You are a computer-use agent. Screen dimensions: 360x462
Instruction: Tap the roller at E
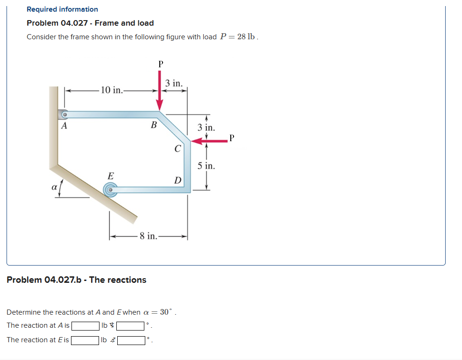[110, 189]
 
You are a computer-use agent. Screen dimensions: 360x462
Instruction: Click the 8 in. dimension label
[149, 236]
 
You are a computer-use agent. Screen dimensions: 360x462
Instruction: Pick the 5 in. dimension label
[206, 166]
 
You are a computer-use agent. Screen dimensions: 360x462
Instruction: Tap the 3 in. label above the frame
[174, 83]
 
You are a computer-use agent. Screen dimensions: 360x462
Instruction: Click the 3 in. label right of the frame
[206, 127]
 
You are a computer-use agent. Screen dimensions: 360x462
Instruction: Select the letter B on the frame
[153, 125]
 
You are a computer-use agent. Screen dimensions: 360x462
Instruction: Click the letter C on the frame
[178, 149]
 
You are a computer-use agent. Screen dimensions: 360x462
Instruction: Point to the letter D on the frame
[178, 180]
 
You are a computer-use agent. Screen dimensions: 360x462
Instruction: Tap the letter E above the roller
[110, 176]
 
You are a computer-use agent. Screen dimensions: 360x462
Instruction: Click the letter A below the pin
[64, 126]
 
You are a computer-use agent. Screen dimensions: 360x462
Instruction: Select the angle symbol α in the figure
[54, 187]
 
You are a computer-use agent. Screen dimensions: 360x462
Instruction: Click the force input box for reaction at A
[85, 326]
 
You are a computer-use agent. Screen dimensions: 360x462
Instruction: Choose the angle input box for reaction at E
[131, 340]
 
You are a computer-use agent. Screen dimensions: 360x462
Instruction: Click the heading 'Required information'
[62, 9]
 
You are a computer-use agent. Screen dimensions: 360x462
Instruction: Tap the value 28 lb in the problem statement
[246, 37]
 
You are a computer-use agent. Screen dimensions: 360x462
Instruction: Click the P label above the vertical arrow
[160, 64]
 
